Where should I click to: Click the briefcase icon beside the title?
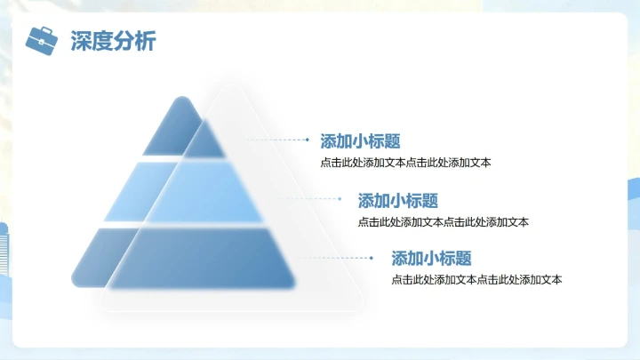click(42, 41)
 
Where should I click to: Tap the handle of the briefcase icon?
click(46, 30)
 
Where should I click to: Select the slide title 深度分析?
click(113, 41)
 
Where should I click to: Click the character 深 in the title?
click(81, 41)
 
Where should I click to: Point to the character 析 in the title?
click(146, 41)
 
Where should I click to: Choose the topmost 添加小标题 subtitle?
click(360, 141)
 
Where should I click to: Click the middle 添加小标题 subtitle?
click(398, 201)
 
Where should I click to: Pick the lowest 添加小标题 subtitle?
click(431, 259)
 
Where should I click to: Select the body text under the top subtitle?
click(405, 163)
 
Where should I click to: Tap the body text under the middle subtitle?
click(444, 222)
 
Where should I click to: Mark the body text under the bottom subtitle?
click(476, 280)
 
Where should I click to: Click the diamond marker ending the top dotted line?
click(308, 140)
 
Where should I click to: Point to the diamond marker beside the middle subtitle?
click(340, 199)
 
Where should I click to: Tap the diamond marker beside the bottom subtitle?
click(371, 258)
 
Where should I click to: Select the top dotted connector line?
click(276, 140)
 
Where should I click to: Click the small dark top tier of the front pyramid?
click(205, 140)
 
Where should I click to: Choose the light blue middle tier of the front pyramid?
click(204, 192)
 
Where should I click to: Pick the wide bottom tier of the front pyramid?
click(202, 259)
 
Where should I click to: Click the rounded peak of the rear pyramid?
click(181, 102)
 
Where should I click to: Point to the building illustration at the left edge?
click(4, 249)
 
